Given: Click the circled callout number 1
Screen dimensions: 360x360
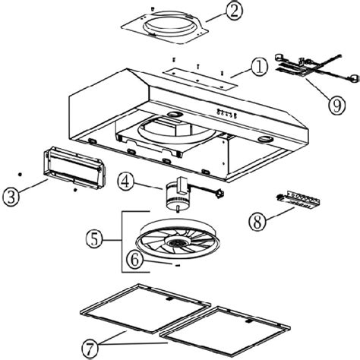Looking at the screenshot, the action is point(259,68).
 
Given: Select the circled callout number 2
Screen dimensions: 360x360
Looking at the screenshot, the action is point(234,11).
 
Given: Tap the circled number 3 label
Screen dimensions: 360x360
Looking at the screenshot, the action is point(11,197).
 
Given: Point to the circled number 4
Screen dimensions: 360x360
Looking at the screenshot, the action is point(125,182).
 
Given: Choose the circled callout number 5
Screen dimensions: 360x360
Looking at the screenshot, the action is point(94,239).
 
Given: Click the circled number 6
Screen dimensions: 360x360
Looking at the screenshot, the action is point(134,260).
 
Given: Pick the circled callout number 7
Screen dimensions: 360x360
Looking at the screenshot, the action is point(90,349).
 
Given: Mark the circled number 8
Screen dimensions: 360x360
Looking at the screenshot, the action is point(257,222).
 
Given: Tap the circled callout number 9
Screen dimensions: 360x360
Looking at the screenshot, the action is point(337,106).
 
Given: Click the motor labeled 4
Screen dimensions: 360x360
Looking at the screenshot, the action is point(176,194).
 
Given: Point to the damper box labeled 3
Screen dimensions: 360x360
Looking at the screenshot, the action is point(74,167).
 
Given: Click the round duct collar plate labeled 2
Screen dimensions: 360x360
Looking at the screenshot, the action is point(165,27).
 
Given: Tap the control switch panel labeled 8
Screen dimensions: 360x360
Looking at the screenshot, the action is point(298,201).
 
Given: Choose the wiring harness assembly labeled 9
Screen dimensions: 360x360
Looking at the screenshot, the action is point(317,68).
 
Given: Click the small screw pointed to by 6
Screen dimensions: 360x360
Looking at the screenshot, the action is point(177,266).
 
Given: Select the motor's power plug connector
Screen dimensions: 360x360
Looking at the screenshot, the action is point(219,194).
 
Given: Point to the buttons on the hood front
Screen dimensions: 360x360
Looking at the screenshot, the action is point(226,113).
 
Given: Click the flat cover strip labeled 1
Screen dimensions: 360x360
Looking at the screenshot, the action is point(201,79).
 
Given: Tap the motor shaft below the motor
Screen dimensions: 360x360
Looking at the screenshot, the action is point(178,209).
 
